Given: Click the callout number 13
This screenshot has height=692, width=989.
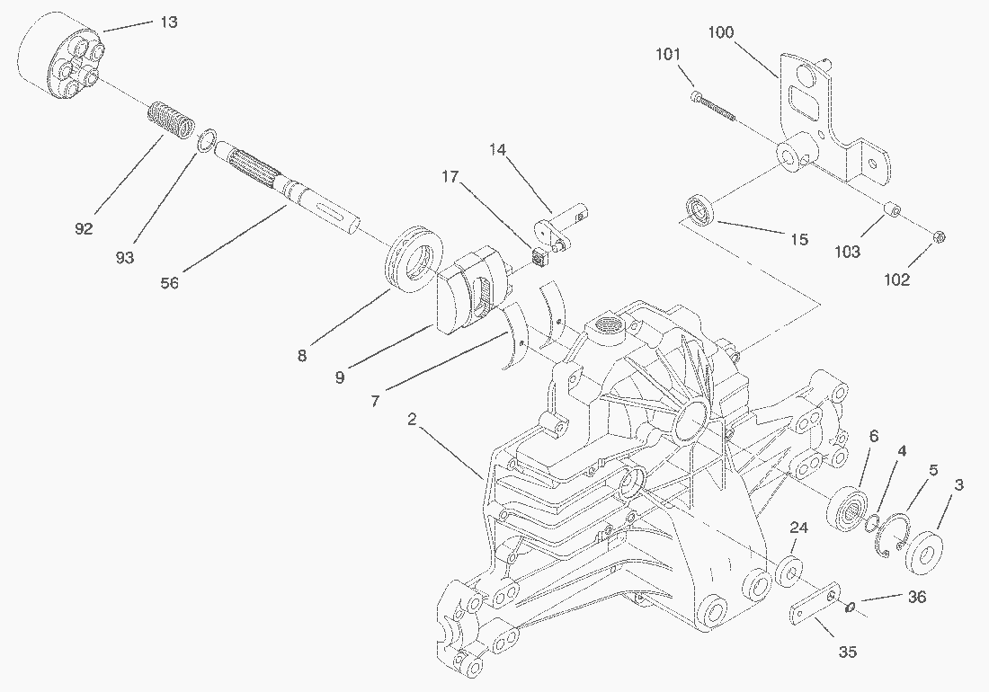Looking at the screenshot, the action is tap(169, 22).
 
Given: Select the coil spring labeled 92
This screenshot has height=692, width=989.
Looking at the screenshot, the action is tap(170, 120).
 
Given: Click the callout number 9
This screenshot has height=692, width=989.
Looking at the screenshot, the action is tap(340, 377).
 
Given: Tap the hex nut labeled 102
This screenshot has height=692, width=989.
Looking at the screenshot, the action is tap(938, 237).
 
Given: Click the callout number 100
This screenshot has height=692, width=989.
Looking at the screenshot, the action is tap(720, 32).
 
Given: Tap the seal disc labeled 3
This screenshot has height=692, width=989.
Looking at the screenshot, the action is tap(925, 554).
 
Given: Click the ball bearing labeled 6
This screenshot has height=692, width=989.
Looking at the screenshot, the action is tap(848, 507).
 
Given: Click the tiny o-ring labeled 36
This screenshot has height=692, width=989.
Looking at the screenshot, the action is tap(850, 607).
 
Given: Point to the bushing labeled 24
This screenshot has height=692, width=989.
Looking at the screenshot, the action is tap(789, 571).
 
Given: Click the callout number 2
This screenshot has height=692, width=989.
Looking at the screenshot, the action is tap(412, 419).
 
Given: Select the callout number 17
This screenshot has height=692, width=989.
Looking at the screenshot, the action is tap(450, 176).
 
